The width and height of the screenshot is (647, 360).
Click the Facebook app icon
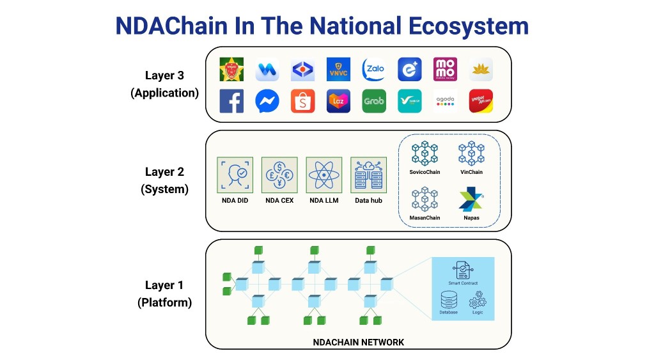(x=231, y=101)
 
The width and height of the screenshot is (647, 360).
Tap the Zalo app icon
(x=374, y=69)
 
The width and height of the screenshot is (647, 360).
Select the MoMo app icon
(x=445, y=69)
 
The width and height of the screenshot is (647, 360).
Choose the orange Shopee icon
(x=302, y=101)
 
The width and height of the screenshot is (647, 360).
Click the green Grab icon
(x=374, y=101)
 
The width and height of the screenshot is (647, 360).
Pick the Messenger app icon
(x=267, y=101)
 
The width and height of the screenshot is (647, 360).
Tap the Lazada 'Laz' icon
(x=338, y=101)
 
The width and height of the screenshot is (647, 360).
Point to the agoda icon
(x=445, y=101)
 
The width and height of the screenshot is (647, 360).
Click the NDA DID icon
(x=235, y=174)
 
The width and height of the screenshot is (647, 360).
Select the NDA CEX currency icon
(x=279, y=174)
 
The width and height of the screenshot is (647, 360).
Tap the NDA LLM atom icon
(x=323, y=174)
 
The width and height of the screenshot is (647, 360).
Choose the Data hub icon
(x=368, y=174)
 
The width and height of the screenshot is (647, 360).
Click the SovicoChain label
(x=425, y=172)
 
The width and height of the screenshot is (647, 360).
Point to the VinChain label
(x=471, y=172)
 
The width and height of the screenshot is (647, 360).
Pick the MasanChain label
(x=425, y=218)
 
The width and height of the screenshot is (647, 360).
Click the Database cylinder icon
(x=449, y=299)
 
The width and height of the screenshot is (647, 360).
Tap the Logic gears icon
(x=478, y=299)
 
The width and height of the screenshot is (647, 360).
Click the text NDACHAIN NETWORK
(x=358, y=342)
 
